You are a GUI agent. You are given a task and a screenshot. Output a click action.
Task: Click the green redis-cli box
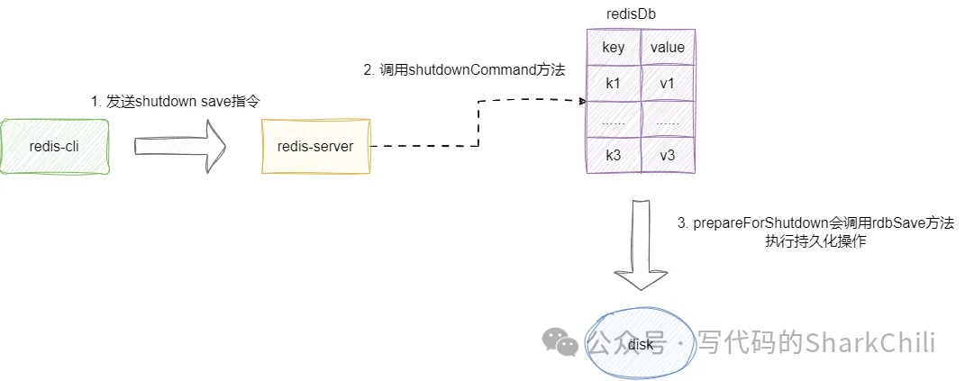tap(55, 145)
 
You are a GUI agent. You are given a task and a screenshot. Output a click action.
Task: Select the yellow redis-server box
tap(315, 145)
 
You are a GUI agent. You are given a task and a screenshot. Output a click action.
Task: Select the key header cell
tap(613, 47)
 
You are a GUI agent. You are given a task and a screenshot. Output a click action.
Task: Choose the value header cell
tap(667, 47)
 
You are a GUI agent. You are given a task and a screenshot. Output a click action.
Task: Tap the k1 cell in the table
tap(613, 83)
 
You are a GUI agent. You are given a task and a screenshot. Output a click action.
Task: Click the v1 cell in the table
tap(667, 83)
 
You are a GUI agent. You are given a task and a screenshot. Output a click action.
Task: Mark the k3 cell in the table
tap(613, 155)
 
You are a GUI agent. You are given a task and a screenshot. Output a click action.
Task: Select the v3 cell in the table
tap(667, 155)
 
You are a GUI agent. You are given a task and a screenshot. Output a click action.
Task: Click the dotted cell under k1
tap(613, 119)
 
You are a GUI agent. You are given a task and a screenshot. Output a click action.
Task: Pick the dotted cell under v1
tap(667, 119)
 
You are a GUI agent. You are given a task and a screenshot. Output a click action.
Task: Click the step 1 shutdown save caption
tap(181, 102)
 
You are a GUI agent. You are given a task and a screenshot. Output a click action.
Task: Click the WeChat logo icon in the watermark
tap(560, 341)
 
